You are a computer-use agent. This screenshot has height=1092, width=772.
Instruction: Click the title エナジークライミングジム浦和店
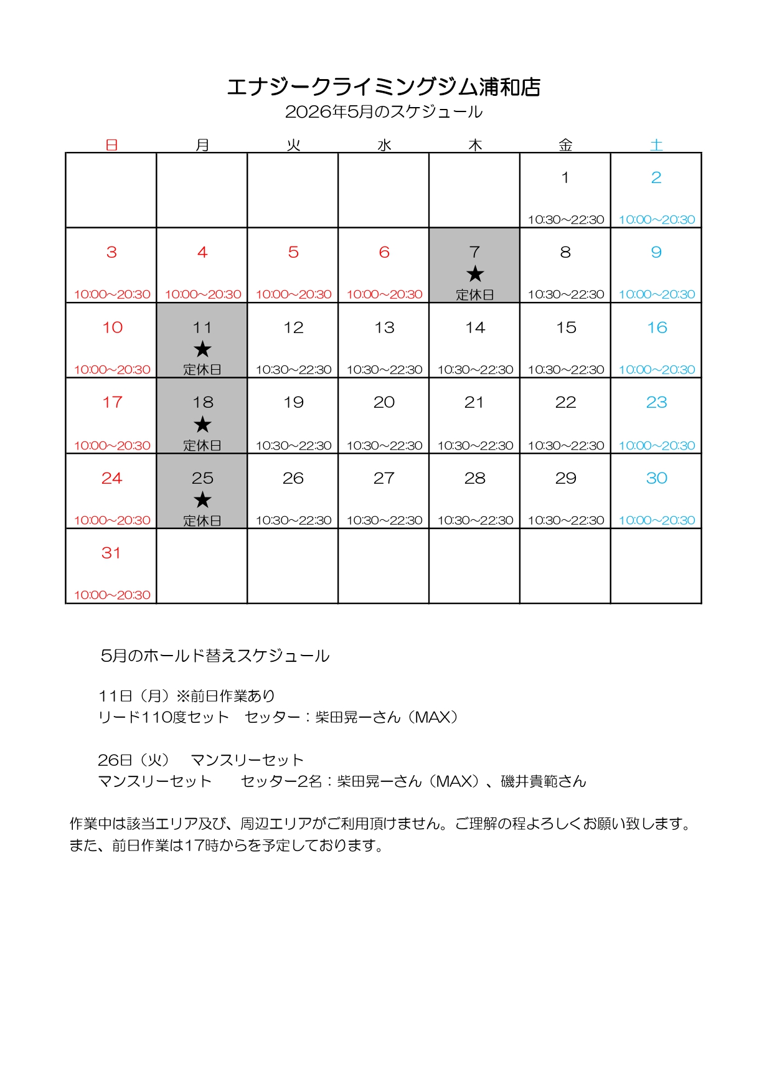[x=384, y=87]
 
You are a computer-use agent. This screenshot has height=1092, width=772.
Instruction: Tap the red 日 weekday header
[x=111, y=145]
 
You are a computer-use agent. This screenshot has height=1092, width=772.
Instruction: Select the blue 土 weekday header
[x=656, y=145]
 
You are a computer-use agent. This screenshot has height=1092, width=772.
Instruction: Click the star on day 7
[x=475, y=274]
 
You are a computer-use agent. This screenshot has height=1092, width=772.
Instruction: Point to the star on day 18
[x=202, y=425]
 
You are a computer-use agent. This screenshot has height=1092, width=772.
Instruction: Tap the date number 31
[x=111, y=553]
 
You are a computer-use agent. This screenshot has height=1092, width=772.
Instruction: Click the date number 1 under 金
[x=565, y=177]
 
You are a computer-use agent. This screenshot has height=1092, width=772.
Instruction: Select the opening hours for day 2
[x=656, y=220]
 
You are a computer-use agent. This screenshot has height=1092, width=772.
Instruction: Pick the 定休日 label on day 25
[x=202, y=520]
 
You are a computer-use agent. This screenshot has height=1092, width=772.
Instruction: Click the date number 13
[x=384, y=327]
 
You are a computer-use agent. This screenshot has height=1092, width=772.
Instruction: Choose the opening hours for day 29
[x=565, y=520]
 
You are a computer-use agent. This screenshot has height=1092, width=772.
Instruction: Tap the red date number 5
[x=293, y=252]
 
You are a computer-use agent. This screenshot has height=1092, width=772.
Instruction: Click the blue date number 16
[x=657, y=327]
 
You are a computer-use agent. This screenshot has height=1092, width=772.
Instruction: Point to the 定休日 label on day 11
[x=202, y=370]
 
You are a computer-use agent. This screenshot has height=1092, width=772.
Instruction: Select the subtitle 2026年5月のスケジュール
[x=384, y=112]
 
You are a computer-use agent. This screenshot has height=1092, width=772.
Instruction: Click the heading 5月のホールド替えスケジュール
[x=215, y=656]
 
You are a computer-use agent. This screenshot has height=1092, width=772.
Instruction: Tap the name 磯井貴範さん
[x=544, y=781]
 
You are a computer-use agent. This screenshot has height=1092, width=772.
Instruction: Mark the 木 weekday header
[x=475, y=145]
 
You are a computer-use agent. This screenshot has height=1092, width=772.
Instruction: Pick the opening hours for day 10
[x=112, y=370]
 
